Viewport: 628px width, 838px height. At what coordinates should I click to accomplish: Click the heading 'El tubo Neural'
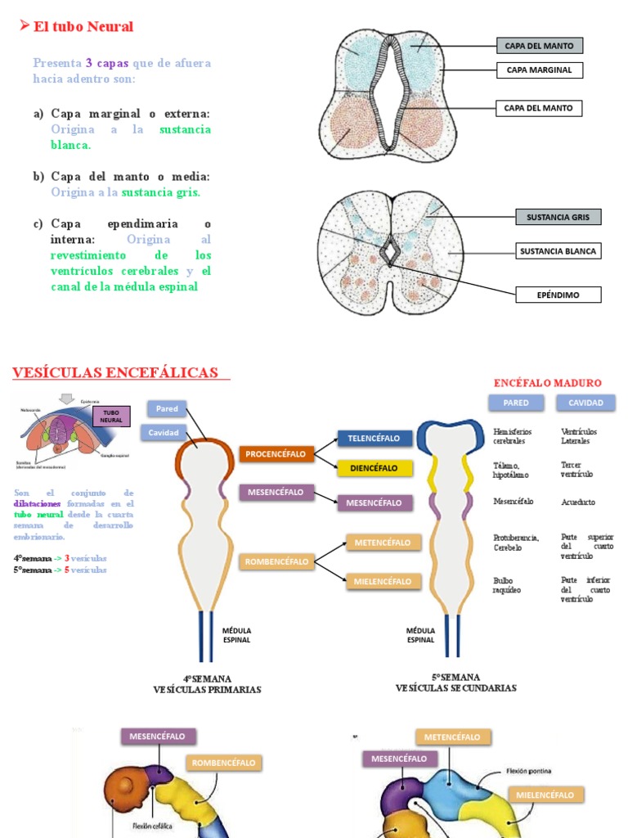tap(83, 27)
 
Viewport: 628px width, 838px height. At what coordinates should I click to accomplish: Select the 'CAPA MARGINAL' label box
tap(539, 70)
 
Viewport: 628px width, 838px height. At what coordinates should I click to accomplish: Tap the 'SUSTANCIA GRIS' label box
tap(558, 217)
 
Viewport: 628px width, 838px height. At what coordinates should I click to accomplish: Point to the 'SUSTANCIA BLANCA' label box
tap(558, 251)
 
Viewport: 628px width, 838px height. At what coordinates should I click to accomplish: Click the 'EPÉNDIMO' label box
tap(558, 294)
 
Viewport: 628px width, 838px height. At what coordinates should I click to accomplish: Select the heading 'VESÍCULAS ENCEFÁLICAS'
tap(115, 373)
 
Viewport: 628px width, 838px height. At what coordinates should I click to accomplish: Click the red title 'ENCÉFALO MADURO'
tap(548, 383)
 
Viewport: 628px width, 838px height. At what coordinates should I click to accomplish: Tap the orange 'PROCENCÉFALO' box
tap(276, 453)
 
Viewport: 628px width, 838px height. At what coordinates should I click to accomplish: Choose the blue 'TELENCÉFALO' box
tap(374, 439)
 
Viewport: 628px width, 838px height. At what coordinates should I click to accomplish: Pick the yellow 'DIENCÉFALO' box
tap(374, 469)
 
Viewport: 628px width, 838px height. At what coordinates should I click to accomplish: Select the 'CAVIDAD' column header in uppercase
tap(585, 403)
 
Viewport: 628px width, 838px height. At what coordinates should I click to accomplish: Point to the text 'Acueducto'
tap(578, 502)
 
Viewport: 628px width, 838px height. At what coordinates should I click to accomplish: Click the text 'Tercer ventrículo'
tap(578, 469)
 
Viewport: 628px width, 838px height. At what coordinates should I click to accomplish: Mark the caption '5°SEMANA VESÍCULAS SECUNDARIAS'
tap(455, 683)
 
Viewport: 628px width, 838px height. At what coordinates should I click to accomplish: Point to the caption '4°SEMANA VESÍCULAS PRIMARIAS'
tap(207, 684)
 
